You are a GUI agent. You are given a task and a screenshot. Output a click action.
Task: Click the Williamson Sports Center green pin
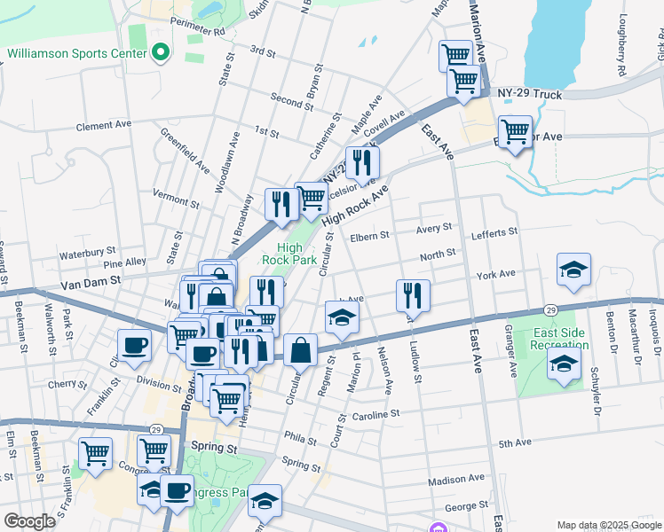click(x=161, y=53)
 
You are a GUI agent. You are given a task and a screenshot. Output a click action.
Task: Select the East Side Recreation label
click(x=558, y=338)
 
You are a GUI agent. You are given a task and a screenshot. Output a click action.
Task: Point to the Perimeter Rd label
click(x=201, y=30)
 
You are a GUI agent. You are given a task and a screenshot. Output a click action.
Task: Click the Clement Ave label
click(x=104, y=126)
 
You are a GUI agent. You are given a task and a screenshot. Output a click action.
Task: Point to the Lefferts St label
click(x=494, y=232)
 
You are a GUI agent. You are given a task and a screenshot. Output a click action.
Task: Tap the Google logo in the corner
click(x=30, y=521)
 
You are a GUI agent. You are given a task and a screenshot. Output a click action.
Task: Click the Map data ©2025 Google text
click(x=609, y=525)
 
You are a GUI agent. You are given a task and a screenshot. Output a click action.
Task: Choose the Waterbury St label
click(x=87, y=253)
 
